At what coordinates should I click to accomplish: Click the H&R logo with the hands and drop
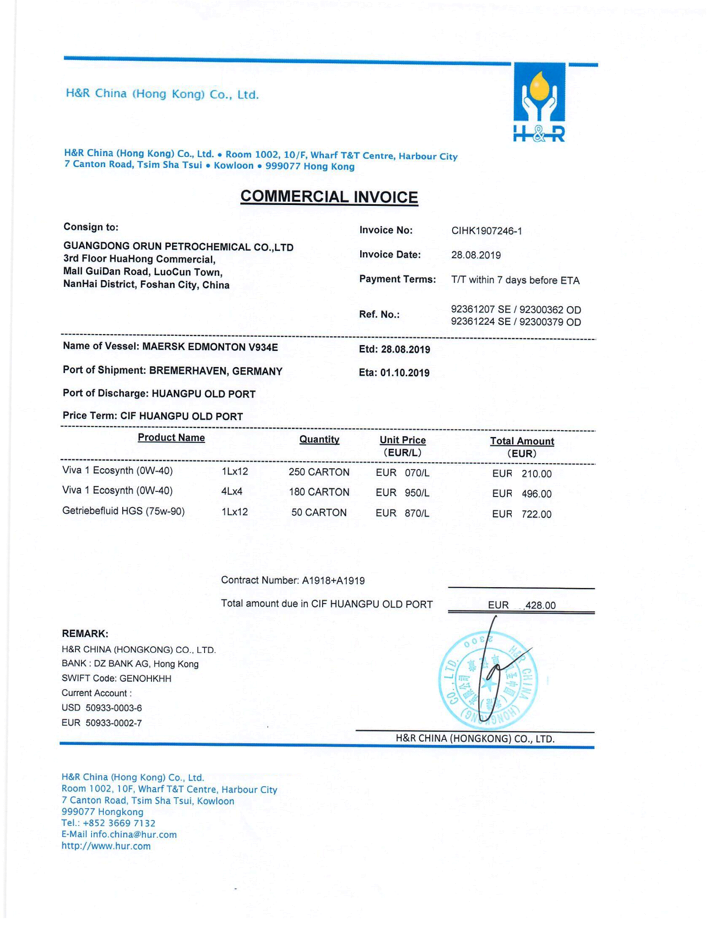[539, 102]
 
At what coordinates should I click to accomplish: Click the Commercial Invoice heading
[329, 197]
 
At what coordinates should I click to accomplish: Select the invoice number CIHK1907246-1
[486, 231]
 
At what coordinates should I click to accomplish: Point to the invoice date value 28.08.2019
[476, 255]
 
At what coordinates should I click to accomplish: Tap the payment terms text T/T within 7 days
[515, 280]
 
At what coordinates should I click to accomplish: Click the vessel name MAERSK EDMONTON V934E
[210, 347]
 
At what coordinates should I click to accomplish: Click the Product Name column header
[171, 438]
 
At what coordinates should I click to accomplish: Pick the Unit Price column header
[402, 440]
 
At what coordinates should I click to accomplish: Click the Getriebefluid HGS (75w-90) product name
[123, 511]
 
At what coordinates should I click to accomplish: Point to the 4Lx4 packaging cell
[232, 492]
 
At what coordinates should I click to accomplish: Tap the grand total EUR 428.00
[522, 605]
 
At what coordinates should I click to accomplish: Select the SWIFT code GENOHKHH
[145, 679]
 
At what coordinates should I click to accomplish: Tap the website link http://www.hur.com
[106, 846]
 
